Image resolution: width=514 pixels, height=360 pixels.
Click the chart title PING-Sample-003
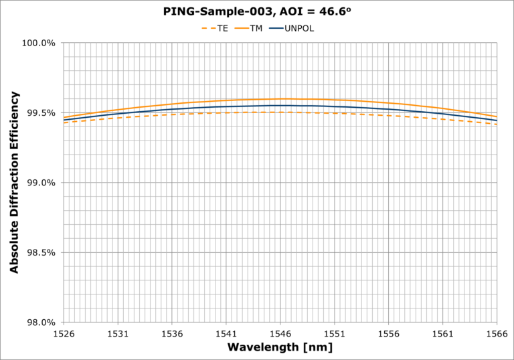point(257,11)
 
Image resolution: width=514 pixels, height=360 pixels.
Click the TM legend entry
point(255,28)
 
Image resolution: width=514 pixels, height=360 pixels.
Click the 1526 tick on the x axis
point(64,333)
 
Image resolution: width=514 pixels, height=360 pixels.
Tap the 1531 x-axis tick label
point(118,333)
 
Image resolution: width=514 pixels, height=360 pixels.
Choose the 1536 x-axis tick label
point(172,333)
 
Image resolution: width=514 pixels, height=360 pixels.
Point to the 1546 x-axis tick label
point(280,333)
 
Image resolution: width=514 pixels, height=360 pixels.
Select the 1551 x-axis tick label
point(335,333)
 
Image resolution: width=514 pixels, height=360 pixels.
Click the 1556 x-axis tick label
point(389,333)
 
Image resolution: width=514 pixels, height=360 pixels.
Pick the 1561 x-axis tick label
point(443,333)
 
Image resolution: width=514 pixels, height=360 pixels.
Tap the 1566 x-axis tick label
point(497,333)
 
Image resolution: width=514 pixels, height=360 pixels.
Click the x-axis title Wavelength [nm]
point(280,347)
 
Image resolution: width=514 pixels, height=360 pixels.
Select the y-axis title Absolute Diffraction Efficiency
point(14,183)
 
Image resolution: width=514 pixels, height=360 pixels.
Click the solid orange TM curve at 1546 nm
point(280,99)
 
